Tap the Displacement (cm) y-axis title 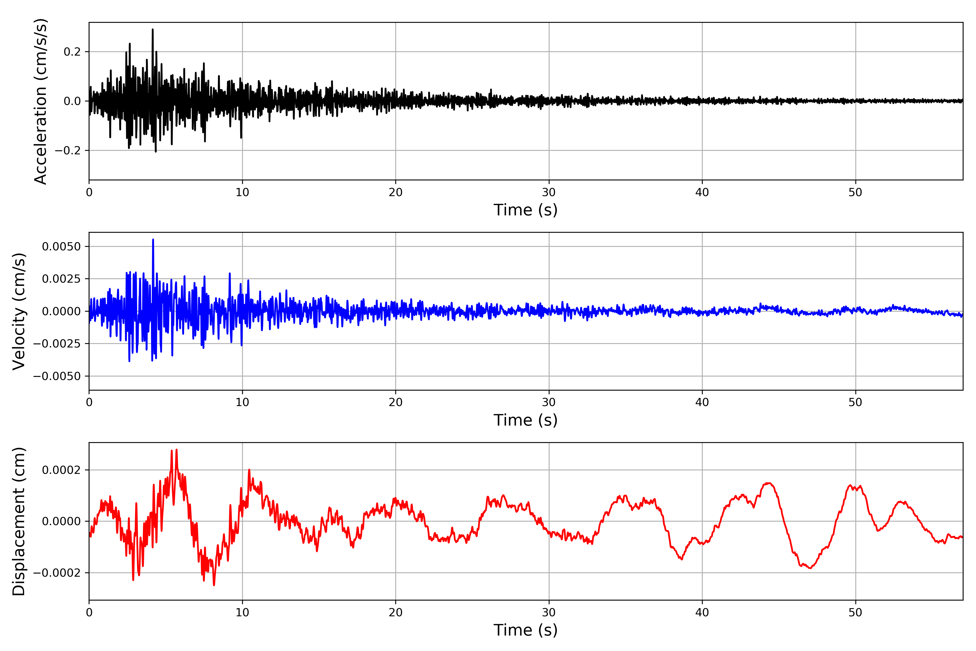pos(19,521)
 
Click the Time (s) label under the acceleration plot pos(525,210)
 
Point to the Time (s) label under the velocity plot pos(525,420)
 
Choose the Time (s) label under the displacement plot pos(525,630)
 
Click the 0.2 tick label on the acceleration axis pos(72,52)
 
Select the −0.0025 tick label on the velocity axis pos(57,344)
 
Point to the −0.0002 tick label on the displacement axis pos(57,573)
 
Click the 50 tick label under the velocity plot pos(855,402)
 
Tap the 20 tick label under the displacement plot pos(396,612)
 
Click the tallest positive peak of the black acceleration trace pos(153,30)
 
